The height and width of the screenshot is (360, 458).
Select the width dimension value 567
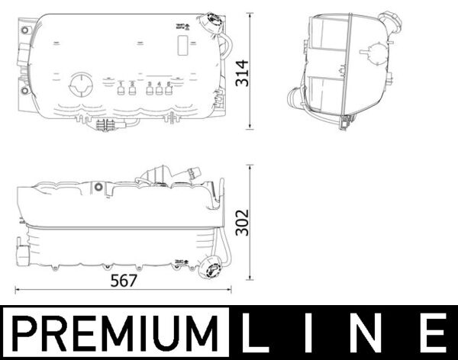click(124, 279)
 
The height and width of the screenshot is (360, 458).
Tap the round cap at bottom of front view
click(209, 268)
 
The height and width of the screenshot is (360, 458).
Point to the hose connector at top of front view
click(159, 175)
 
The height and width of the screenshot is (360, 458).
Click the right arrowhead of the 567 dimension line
click(230, 290)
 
